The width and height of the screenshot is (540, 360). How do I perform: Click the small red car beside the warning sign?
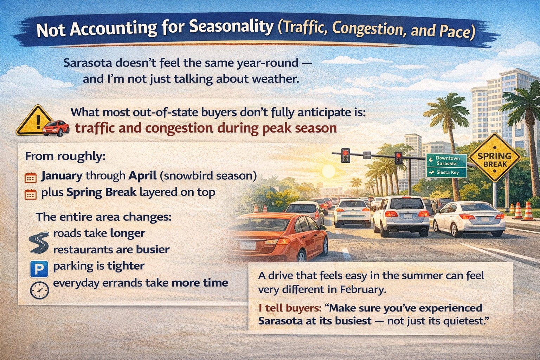coord(56,128)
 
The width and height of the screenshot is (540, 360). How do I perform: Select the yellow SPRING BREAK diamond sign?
coord(495,157)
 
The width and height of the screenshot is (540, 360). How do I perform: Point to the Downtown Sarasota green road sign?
coord(446,161)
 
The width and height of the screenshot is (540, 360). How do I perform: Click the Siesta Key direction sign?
coord(446,173)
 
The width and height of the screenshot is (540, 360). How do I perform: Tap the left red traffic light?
coord(346,155)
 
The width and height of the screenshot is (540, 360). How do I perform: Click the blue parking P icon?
coord(39,269)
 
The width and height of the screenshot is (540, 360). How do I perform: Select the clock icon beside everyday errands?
coord(39,290)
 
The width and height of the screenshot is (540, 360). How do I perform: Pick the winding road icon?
coord(39,242)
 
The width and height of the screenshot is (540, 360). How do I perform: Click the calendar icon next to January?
coord(31,178)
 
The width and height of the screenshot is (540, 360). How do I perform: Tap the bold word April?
coord(142,176)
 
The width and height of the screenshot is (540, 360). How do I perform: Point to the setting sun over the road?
coord(328,171)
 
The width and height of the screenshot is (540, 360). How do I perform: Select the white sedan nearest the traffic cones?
coord(469,219)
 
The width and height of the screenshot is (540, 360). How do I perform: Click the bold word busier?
coord(153,249)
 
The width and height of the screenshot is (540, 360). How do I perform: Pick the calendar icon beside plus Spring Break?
coord(31,194)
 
